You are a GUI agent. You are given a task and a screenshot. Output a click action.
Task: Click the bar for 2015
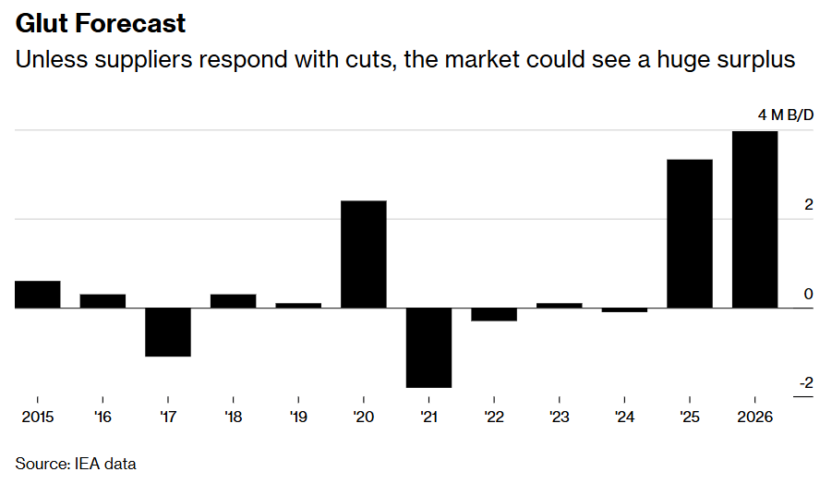[37, 294]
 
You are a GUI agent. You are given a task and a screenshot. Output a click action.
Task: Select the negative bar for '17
[168, 332]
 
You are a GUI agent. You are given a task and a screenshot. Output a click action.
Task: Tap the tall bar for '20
[364, 254]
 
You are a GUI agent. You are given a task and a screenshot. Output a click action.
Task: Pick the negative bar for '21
[429, 347]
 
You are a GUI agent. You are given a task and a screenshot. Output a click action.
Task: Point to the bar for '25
[690, 234]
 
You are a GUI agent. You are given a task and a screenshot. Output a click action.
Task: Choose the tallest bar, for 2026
[755, 219]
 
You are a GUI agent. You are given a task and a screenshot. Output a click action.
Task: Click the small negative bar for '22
[494, 314]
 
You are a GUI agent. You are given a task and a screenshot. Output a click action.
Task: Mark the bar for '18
[234, 300]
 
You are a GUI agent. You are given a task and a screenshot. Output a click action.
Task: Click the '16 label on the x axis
[102, 417]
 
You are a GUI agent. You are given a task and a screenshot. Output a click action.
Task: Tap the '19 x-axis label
[298, 417]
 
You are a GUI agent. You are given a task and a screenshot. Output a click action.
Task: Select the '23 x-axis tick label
[560, 417]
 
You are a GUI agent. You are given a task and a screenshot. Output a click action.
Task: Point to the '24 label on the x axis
[624, 417]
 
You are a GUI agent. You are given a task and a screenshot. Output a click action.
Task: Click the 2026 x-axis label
[755, 417]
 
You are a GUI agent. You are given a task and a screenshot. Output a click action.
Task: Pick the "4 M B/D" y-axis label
[786, 115]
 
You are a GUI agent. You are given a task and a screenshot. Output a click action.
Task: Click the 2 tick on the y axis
[809, 204]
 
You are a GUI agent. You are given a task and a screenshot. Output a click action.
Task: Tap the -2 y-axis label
[805, 383]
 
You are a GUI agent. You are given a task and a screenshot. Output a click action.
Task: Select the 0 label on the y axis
[809, 294]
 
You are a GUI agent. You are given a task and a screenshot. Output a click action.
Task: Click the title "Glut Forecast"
[101, 23]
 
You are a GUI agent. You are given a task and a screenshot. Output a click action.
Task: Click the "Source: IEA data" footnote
[76, 463]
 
